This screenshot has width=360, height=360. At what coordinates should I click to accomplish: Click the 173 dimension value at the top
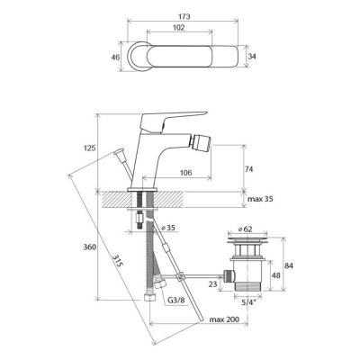click(184, 16)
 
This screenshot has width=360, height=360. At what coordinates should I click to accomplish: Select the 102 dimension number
click(179, 28)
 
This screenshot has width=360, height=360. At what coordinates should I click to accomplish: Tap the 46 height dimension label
click(115, 57)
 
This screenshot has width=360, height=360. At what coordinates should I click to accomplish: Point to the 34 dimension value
click(252, 56)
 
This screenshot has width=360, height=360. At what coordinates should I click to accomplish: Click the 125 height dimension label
click(89, 148)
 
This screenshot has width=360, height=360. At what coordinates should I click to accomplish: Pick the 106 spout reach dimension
click(185, 173)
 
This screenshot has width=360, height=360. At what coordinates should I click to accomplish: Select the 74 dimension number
click(249, 169)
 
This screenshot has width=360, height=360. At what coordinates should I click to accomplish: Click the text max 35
click(260, 199)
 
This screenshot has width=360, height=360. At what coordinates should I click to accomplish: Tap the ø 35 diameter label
click(168, 228)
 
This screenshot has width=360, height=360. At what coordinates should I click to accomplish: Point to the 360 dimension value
click(90, 247)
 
